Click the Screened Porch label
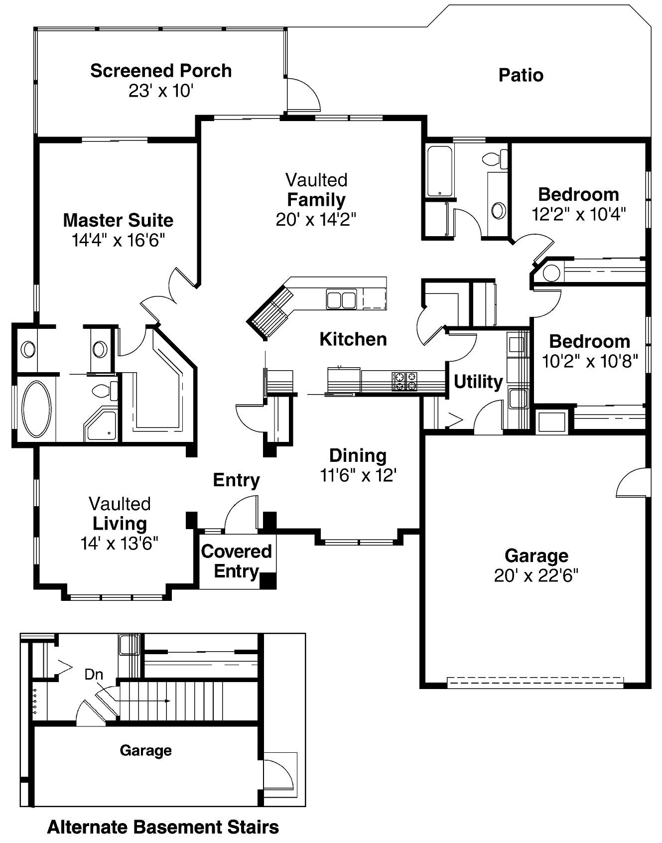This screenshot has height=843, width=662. [x=161, y=71]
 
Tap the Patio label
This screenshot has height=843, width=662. [x=521, y=75]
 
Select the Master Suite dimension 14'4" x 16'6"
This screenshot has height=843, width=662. [x=118, y=240]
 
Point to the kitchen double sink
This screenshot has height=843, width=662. [x=341, y=300]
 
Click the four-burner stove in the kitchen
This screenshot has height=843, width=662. [x=404, y=381]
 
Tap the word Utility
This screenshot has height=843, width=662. [x=478, y=382]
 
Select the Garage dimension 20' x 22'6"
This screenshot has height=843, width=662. [x=536, y=576]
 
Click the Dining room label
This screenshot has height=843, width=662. [x=358, y=455]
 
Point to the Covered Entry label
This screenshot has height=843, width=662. [x=237, y=561]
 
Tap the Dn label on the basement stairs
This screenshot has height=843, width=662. [x=94, y=675]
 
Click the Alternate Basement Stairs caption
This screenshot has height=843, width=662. [x=163, y=828]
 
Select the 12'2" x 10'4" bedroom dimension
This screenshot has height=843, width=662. [x=578, y=214]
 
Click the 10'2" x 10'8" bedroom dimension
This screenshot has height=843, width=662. [x=590, y=361]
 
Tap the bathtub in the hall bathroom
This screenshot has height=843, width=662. [x=439, y=171]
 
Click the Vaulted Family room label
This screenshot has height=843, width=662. [x=316, y=199]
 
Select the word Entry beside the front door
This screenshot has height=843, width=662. [x=236, y=480]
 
